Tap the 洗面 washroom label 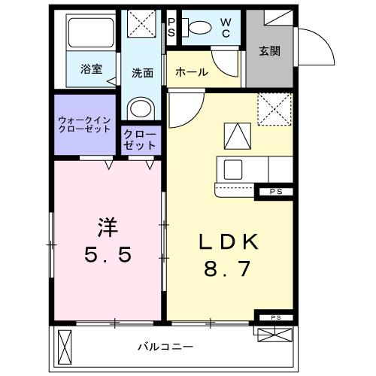(143, 73)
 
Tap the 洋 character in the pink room (108, 223)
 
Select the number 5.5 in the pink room (108, 254)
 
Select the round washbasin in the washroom (140, 108)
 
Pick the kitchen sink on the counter (230, 167)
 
